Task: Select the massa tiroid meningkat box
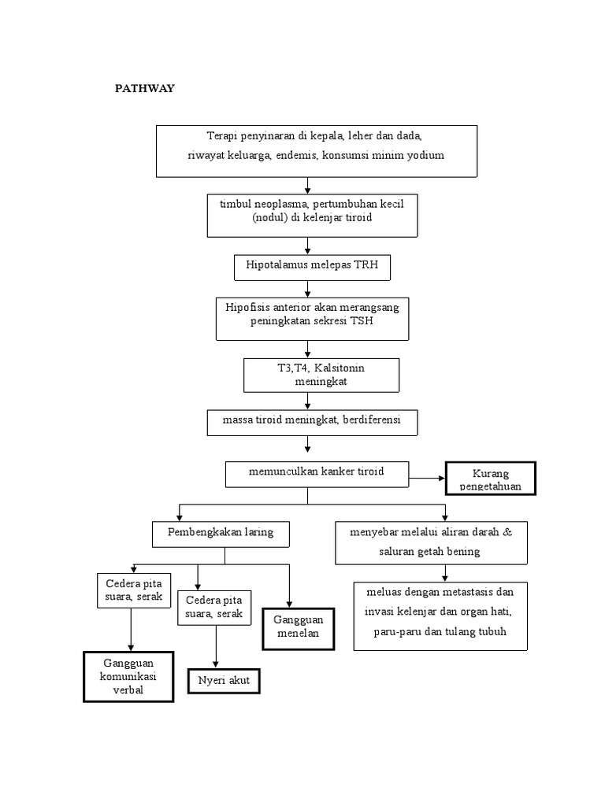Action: (x=312, y=421)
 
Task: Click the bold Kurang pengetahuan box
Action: (x=490, y=479)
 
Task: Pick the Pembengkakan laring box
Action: (x=221, y=533)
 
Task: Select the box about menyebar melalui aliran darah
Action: (x=430, y=542)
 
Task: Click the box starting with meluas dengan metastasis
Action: (x=440, y=616)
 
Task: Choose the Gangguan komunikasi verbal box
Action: (x=128, y=676)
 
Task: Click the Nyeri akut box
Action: (x=224, y=681)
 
